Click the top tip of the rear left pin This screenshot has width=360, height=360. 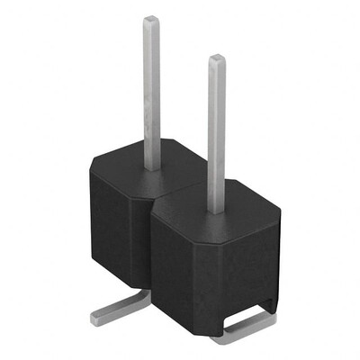click(152, 20)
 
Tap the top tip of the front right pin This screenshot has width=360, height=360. click(217, 59)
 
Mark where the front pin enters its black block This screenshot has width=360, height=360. click(216, 210)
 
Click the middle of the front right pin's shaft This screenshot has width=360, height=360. click(217, 135)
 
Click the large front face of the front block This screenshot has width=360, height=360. click(211, 270)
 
